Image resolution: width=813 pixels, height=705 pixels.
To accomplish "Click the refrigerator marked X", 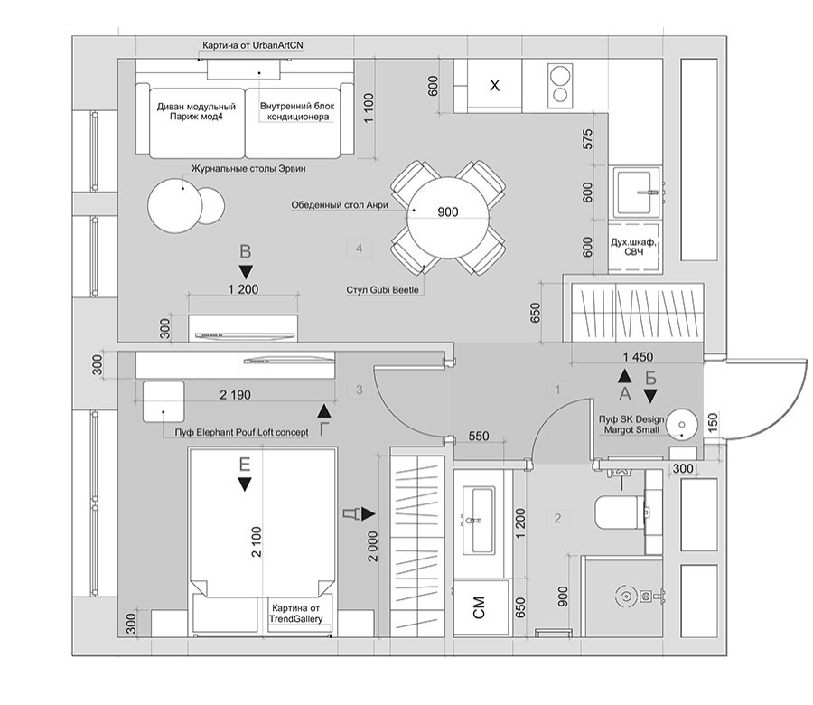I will click(495, 87).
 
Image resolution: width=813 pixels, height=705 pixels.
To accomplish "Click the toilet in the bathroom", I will click(620, 514).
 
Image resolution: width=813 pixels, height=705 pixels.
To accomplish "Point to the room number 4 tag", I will click(360, 247).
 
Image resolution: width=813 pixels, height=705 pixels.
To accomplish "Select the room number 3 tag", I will click(360, 390).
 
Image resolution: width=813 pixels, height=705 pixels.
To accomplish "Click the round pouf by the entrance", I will click(682, 423).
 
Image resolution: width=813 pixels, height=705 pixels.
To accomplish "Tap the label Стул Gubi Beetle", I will click(383, 289).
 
